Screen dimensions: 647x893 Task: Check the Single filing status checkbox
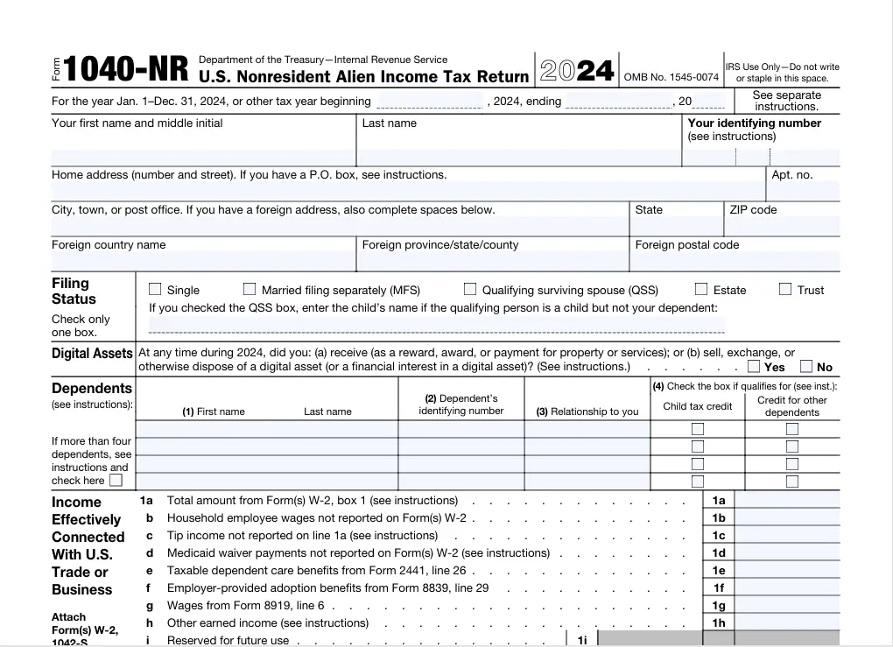[x=155, y=289]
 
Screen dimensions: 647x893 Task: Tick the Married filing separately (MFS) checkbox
[x=250, y=289]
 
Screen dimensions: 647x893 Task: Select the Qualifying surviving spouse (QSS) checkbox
[x=470, y=289]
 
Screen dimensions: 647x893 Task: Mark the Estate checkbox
[x=701, y=289]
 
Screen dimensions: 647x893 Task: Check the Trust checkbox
[x=785, y=289]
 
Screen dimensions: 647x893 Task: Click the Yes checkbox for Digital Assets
[x=754, y=367]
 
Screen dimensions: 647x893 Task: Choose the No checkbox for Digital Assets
[x=806, y=367]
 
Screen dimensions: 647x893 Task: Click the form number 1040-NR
[x=125, y=70]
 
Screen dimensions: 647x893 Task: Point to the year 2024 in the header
[x=578, y=71]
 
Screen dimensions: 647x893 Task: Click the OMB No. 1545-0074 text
[x=672, y=77]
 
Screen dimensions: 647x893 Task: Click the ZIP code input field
[x=783, y=227]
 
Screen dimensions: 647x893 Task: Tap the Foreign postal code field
[x=735, y=262]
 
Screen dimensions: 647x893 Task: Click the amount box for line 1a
[x=787, y=501]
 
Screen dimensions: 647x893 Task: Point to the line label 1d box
[x=719, y=553]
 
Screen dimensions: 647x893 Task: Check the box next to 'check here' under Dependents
[x=116, y=480]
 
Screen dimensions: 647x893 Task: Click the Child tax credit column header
[x=698, y=406]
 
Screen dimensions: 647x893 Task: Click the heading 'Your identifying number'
[x=754, y=123]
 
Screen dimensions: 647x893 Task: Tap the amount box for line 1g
[x=787, y=606]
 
